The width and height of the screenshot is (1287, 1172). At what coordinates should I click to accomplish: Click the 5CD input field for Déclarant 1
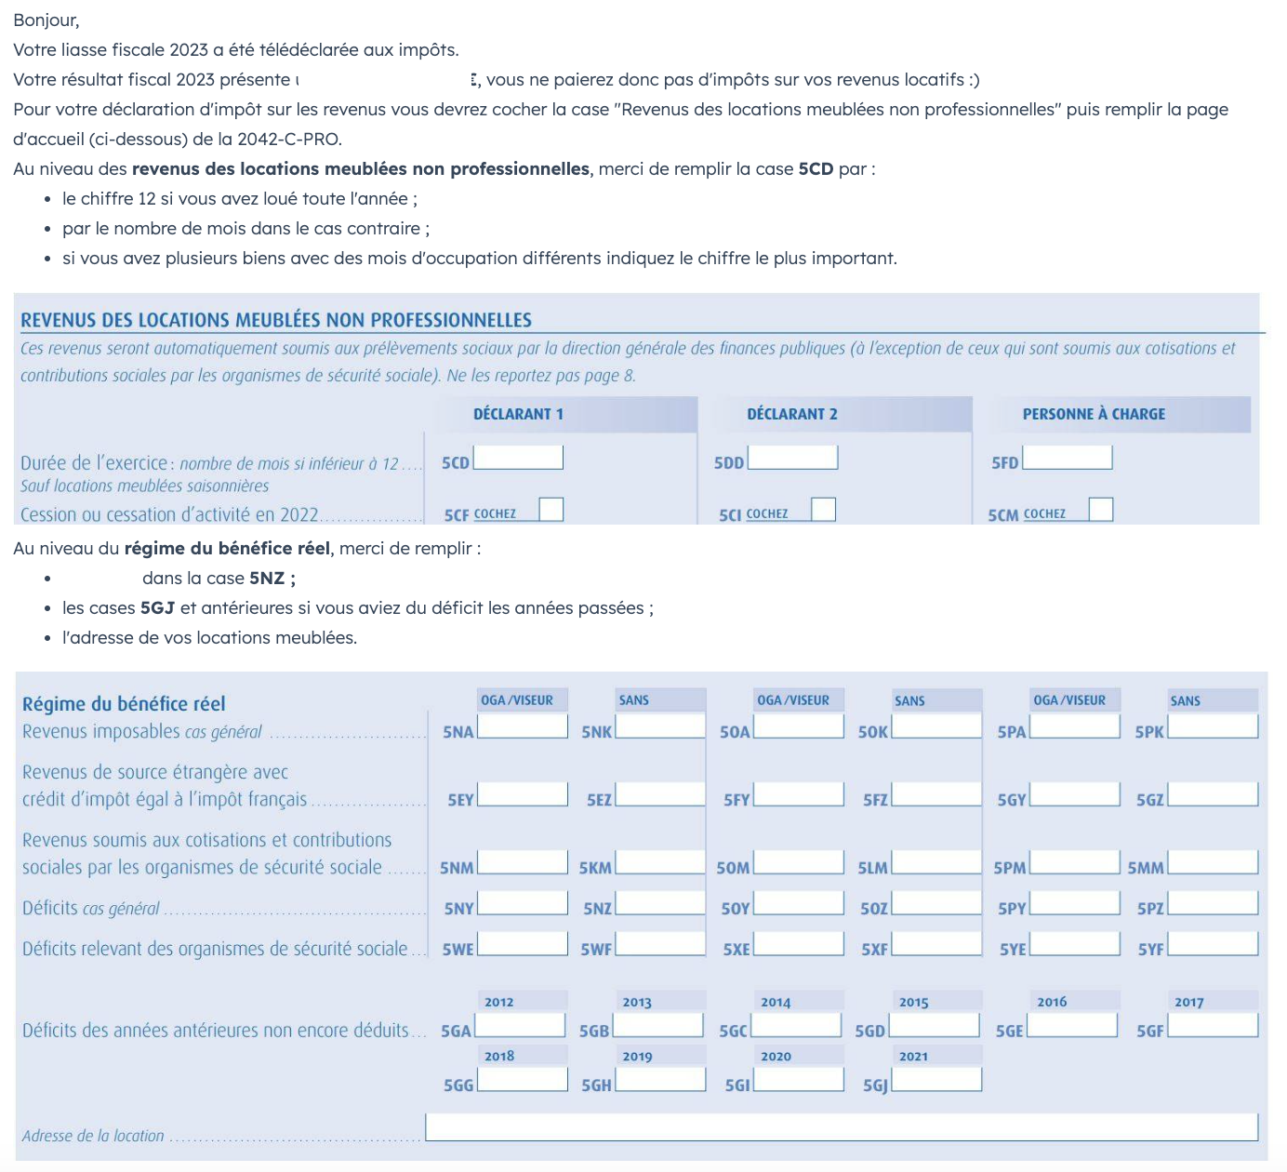pos(519,458)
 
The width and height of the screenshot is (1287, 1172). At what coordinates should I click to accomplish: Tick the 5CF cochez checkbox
pos(551,510)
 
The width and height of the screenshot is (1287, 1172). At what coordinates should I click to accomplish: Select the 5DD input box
pos(793,458)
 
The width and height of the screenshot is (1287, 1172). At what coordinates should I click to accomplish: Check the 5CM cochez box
pos(1101,510)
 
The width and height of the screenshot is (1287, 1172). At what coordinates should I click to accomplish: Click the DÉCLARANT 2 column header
pos(792,414)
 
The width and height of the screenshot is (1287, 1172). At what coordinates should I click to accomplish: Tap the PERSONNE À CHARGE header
pos(1094,414)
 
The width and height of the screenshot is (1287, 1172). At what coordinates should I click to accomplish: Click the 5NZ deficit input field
pos(660,903)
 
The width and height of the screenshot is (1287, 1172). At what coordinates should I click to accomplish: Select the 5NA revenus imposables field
pos(522,726)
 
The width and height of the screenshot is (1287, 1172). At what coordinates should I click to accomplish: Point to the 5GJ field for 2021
pos(935,1080)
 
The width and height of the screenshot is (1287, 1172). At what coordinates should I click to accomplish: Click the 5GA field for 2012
pos(520,1025)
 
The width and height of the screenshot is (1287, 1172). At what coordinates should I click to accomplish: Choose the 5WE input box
pos(522,944)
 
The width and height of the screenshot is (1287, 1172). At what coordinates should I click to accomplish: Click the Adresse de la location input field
pos(841,1127)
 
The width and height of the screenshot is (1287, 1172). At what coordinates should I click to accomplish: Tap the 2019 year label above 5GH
pos(637,1056)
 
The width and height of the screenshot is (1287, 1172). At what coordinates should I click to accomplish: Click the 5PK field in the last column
pos(1213,726)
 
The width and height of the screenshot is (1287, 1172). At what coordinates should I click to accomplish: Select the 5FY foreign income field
pos(798,794)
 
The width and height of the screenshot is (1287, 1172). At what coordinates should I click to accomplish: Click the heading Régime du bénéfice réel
pos(124,703)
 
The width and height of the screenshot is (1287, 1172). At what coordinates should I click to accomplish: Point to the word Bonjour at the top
pos(46,20)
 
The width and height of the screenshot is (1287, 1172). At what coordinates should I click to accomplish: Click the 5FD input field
pos(1068,458)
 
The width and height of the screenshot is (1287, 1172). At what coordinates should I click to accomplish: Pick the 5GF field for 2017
pos(1213,1025)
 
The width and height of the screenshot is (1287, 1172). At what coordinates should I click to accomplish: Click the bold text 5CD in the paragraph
pos(816,168)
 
